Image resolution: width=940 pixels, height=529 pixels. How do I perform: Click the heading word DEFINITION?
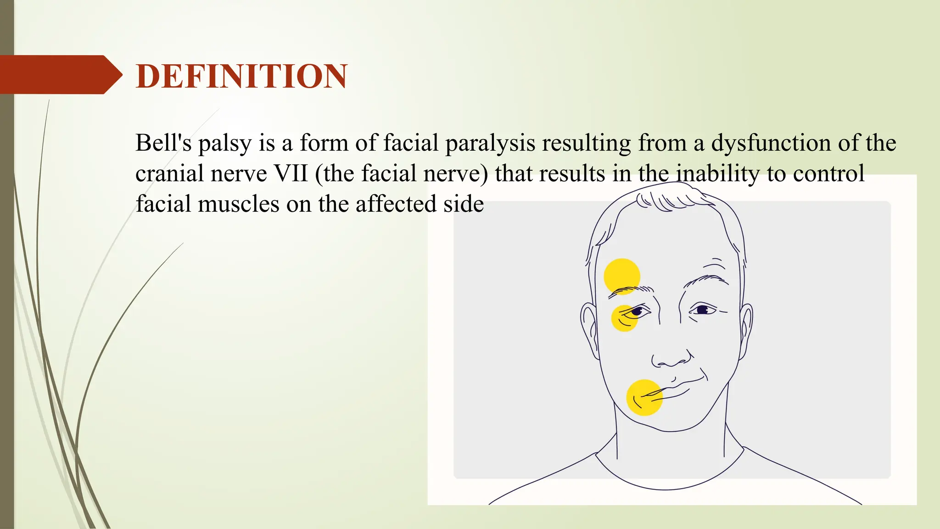pyautogui.click(x=241, y=76)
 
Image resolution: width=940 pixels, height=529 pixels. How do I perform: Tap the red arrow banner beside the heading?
pyautogui.click(x=60, y=74)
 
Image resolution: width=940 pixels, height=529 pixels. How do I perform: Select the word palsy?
pyautogui.click(x=225, y=144)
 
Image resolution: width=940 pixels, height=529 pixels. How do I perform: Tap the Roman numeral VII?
pyautogui.click(x=291, y=174)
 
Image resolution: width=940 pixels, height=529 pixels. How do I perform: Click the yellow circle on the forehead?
pyautogui.click(x=621, y=276)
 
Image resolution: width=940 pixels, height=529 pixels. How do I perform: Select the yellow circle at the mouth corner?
pyautogui.click(x=643, y=398)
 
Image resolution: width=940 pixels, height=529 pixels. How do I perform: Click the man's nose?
pyautogui.click(x=671, y=354)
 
